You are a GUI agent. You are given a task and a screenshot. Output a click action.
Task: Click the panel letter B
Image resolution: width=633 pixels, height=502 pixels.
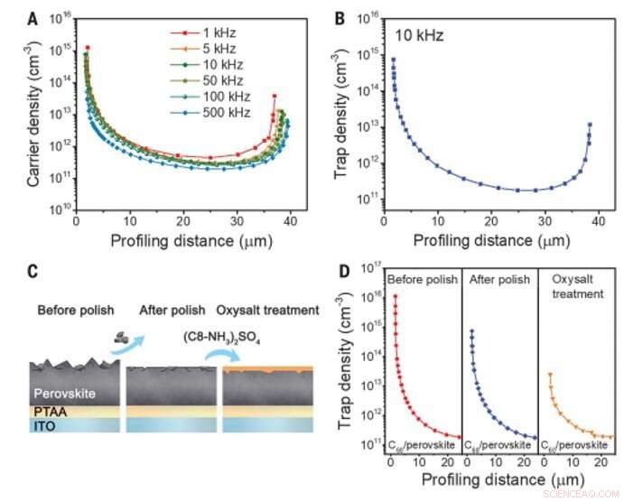point(341,13)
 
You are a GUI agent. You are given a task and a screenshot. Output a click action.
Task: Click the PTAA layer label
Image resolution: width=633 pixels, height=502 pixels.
point(51,412)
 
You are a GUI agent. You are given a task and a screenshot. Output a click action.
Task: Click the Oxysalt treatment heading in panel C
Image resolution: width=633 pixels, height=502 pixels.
point(272,311)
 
